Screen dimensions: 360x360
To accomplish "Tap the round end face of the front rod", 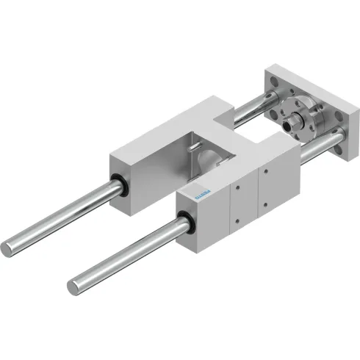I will pyautogui.click(x=75, y=284).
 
